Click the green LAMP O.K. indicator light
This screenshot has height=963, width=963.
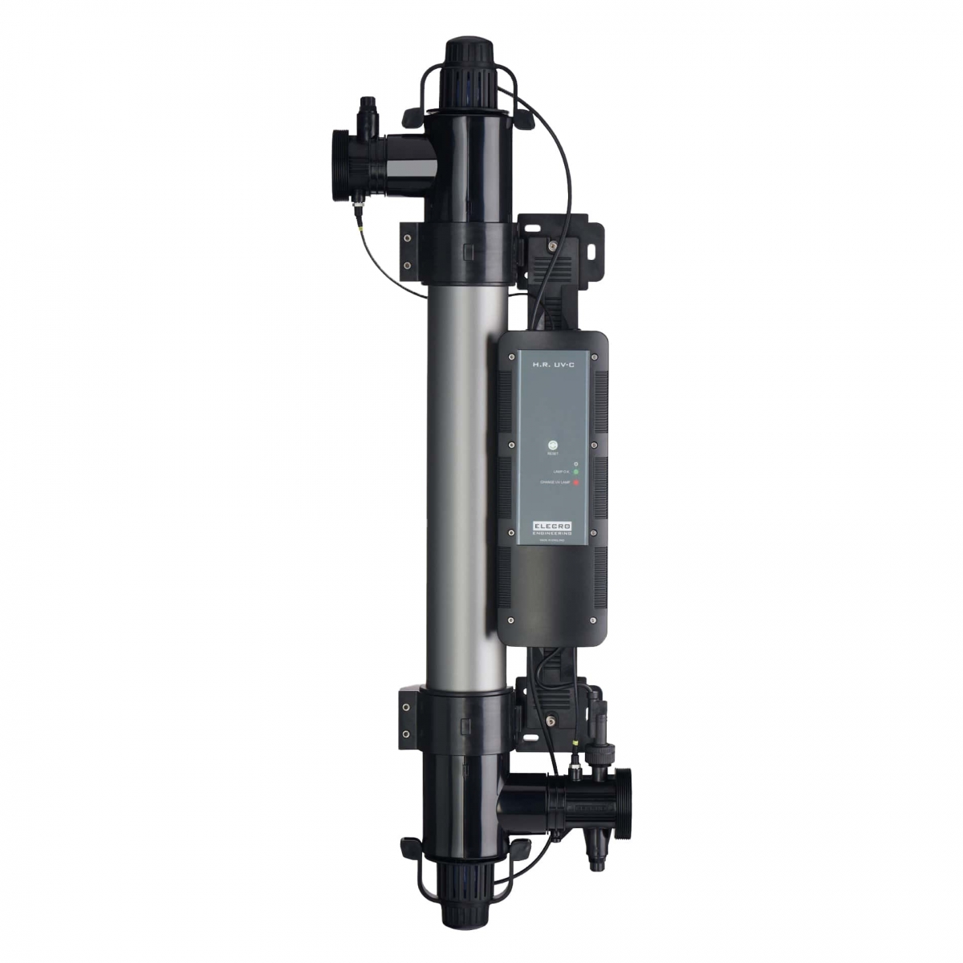click(x=576, y=472)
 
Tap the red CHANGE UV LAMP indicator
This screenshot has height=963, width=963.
click(x=576, y=482)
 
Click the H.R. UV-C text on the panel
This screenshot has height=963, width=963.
click(x=551, y=365)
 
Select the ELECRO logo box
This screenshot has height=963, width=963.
click(x=551, y=525)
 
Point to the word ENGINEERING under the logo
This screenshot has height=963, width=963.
click(x=551, y=533)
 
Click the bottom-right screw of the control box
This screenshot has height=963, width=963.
click(x=593, y=620)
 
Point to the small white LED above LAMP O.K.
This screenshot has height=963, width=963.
click(x=575, y=463)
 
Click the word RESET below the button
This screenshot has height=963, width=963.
click(x=551, y=455)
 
